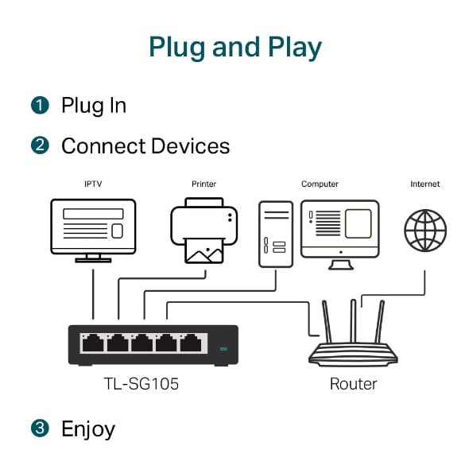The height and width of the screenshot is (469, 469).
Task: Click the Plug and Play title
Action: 234,47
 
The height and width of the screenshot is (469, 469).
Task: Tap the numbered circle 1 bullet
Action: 40,105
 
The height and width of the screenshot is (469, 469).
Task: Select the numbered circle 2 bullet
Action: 40,146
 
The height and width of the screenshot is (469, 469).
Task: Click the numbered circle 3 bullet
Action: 40,429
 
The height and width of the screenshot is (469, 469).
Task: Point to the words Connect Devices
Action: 145,146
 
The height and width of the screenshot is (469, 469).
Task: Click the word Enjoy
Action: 88,430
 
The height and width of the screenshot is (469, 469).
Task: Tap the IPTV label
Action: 93,184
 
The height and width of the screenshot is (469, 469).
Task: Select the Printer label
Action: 203,184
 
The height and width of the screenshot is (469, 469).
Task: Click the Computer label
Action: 320,184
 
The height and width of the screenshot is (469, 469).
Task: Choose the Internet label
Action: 424,184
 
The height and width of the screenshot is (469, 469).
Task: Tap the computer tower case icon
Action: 275,234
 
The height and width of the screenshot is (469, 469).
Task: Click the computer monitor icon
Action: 340,231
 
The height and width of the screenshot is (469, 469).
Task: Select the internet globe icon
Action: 425,231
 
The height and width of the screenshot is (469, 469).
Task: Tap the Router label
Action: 353,384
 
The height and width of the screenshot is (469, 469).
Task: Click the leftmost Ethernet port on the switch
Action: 93,343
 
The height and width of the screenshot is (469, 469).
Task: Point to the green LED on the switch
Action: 223,348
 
